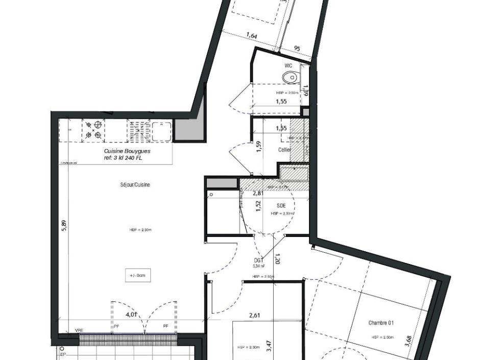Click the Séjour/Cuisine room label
click(132, 185)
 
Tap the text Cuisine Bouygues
click(127, 151)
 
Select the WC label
click(289, 66)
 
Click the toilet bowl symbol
click(290, 78)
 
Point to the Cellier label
click(284, 150)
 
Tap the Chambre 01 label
click(381, 323)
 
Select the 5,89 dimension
click(64, 226)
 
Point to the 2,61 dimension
click(254, 316)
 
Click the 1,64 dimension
click(252, 36)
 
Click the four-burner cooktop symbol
click(93, 130)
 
